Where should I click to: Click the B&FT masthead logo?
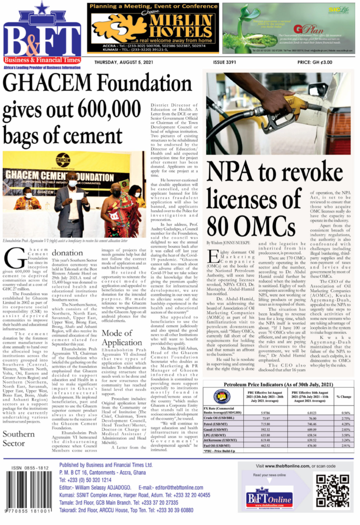[x=42, y=36]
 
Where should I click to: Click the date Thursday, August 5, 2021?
[x=124, y=62]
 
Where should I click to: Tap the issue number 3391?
[x=224, y=62]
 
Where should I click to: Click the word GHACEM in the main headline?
[x=47, y=83]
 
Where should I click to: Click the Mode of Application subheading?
[x=121, y=338]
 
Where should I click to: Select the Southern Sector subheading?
[x=19, y=438]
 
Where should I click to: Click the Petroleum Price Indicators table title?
[x=278, y=384]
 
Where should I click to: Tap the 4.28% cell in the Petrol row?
[x=345, y=424]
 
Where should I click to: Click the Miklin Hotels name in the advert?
[x=181, y=27]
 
